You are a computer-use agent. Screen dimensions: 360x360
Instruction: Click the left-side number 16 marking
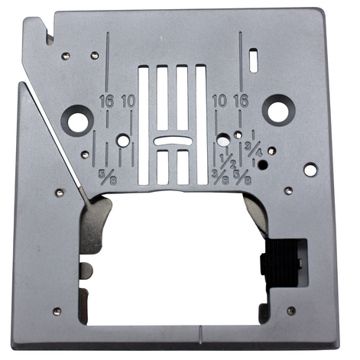coord(106,101)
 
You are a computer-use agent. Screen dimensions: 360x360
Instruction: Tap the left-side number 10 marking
coord(128,101)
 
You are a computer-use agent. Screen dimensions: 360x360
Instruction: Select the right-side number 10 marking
coord(219,101)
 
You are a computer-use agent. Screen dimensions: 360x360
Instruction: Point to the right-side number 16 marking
coord(241,101)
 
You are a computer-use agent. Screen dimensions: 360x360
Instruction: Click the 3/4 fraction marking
coord(254,149)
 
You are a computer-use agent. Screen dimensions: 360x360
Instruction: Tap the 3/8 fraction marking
coord(220,177)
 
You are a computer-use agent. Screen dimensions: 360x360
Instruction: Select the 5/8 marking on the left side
coord(108,177)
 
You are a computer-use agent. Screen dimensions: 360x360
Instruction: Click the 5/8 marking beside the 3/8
coord(242,177)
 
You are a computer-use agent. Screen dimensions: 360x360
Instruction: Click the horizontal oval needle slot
coord(173,141)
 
